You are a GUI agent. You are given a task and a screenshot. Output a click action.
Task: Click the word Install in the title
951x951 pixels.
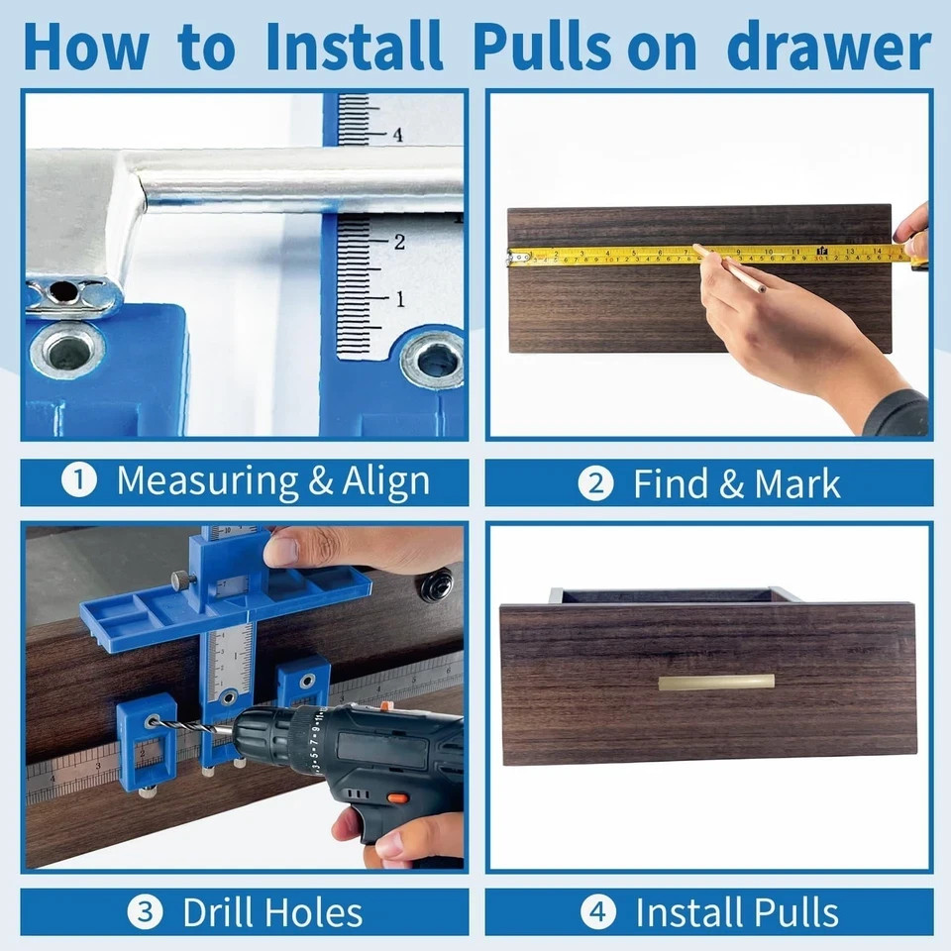tap(355, 47)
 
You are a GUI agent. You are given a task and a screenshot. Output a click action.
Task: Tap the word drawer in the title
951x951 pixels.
tap(828, 47)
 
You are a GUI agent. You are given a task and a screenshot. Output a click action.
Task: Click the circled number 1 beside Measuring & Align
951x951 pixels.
tap(78, 481)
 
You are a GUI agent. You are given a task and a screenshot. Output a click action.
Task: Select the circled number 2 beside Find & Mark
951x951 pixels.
tap(595, 483)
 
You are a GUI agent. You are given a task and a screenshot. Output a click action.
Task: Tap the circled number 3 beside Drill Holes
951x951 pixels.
tap(146, 911)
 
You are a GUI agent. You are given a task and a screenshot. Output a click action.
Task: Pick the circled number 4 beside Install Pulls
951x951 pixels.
tap(596, 911)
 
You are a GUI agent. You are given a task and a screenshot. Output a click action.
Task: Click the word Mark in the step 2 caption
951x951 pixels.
tap(797, 483)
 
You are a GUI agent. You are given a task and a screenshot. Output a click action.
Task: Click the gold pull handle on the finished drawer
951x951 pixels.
tap(716, 682)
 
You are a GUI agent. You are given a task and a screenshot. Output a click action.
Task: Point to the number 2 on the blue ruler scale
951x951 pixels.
tap(399, 242)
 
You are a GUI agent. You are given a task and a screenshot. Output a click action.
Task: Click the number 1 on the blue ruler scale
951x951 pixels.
tap(399, 298)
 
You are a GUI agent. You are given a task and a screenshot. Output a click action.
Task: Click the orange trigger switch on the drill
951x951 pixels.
tap(397, 798)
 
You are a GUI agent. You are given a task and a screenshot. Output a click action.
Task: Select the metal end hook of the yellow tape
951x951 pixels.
tap(515, 257)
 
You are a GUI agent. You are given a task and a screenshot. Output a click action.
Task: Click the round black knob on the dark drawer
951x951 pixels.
tap(435, 584)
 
